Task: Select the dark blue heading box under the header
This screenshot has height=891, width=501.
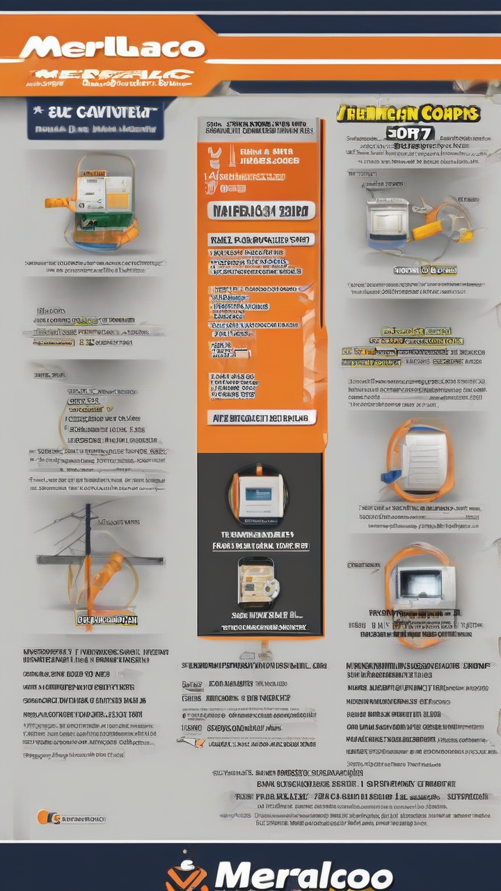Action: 95,118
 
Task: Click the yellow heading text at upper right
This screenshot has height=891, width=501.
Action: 408,113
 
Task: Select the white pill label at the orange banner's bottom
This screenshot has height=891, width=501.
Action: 261,418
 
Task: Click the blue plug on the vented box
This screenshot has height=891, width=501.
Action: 390,476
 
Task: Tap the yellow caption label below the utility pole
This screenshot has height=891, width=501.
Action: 106,619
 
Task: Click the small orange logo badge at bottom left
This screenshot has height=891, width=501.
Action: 44,817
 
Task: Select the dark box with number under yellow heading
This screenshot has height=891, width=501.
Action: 411,132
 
